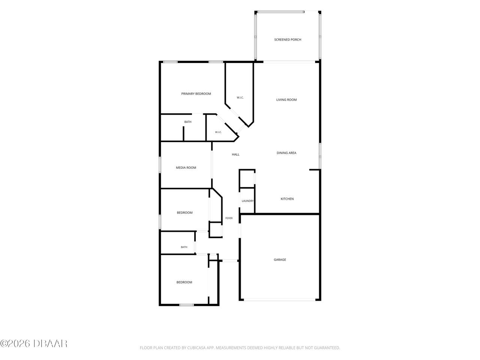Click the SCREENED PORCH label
point(288,40)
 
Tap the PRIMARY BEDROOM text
point(196,94)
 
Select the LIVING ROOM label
point(286,100)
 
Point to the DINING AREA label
point(286,153)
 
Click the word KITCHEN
point(287,199)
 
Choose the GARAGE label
point(280,259)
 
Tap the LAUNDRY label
point(247,201)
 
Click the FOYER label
point(229,218)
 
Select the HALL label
point(235,154)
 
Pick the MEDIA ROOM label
point(186,168)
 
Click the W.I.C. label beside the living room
point(240,98)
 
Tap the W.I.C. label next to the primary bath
point(218,132)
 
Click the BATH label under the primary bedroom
point(188,122)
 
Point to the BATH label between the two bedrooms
point(184,247)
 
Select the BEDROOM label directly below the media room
point(184,213)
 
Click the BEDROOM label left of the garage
point(184,282)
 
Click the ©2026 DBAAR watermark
point(34,344)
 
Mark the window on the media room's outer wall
point(160,165)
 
